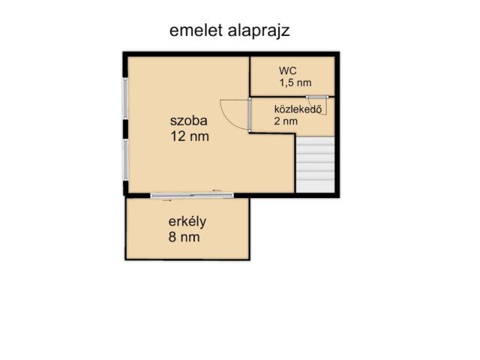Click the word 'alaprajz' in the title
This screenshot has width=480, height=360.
259,31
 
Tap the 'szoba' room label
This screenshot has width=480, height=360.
188,121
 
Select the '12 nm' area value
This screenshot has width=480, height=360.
190,136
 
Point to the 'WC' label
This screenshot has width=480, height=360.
287,70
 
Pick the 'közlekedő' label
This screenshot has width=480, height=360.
298,108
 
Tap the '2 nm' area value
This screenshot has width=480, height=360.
286,121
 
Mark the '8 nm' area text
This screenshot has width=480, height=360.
184,238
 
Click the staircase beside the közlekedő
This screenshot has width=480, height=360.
314,163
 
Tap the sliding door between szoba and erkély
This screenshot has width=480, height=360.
192,196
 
